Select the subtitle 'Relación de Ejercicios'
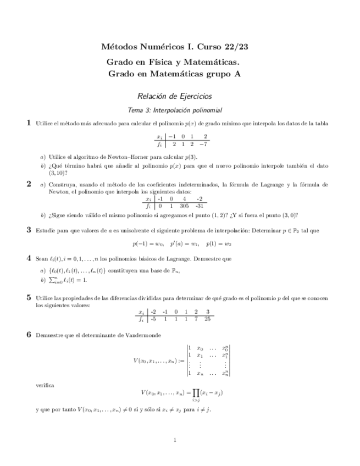click(x=174, y=96)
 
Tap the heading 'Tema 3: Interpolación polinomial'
click(x=174, y=109)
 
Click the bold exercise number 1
click(x=29, y=123)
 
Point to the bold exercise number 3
click(x=29, y=230)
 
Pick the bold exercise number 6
click(x=29, y=334)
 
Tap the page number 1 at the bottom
click(x=174, y=439)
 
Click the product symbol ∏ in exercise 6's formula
click(x=195, y=394)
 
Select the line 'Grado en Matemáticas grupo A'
click(x=174, y=73)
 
